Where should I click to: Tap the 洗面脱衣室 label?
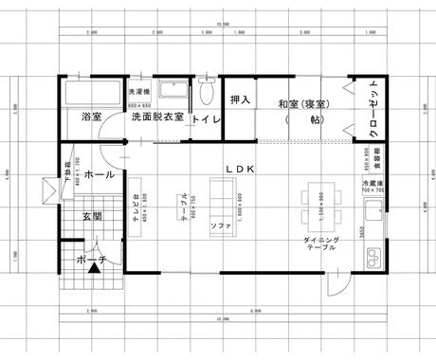[157, 118]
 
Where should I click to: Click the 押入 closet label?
[240, 99]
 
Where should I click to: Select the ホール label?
[100, 175]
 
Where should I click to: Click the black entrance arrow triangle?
[93, 269]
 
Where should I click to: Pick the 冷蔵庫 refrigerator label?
[372, 182]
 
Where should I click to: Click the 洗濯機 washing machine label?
[138, 92]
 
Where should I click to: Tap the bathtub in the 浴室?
[92, 94]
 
